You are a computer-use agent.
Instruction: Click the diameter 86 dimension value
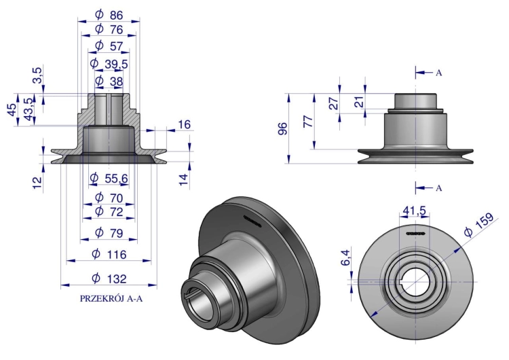pos(109,15)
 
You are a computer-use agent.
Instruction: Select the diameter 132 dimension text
pos(109,278)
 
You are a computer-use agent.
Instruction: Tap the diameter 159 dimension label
pos(479,225)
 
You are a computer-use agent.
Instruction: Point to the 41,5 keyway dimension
pos(414,211)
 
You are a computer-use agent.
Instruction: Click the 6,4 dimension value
pos(346,257)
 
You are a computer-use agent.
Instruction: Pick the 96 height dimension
pos(282,128)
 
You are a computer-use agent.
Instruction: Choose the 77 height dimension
pos(308,121)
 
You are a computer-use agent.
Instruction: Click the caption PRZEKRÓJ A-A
pos(111,299)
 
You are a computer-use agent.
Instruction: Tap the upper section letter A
pos(438,73)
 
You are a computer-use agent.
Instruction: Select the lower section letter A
pos(438,188)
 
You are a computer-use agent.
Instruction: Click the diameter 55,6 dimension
pos(109,178)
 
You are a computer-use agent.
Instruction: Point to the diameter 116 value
pos(109,254)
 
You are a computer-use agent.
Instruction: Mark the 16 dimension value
pos(185,124)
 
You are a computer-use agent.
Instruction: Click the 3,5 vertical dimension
pos(37,75)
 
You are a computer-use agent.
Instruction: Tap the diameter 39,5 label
pos(109,64)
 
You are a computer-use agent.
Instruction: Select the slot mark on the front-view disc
pos(416,233)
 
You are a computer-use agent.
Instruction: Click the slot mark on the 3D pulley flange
pos(252,221)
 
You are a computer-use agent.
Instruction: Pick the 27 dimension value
pos(335,103)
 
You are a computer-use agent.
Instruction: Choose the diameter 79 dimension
pos(109,233)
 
